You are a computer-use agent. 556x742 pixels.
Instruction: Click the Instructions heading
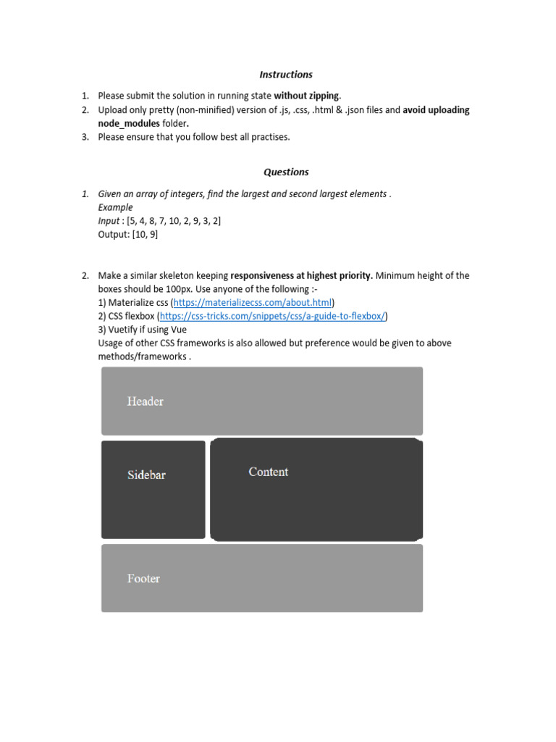[x=286, y=75]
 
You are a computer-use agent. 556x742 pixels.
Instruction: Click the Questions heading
[x=286, y=172]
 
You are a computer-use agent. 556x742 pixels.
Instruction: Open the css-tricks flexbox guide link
[x=273, y=316]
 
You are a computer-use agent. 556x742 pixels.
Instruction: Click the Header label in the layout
[x=146, y=401]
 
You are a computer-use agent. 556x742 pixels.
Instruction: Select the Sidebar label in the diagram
[x=146, y=475]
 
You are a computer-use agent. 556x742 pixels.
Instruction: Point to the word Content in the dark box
[x=268, y=472]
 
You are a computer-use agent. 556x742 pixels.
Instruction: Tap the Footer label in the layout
[x=143, y=578]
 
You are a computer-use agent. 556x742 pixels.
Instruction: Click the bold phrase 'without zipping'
[x=306, y=96]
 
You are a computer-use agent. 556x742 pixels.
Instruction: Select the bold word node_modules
[x=128, y=123]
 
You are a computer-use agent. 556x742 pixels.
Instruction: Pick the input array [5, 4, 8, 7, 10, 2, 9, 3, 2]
[x=173, y=221]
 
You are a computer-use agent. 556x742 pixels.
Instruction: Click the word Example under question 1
[x=115, y=207]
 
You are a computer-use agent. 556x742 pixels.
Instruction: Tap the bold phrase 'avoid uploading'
[x=436, y=110]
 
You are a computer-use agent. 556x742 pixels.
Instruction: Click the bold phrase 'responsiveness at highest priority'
[x=302, y=275]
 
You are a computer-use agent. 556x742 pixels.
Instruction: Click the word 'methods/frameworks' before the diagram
[x=143, y=357]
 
